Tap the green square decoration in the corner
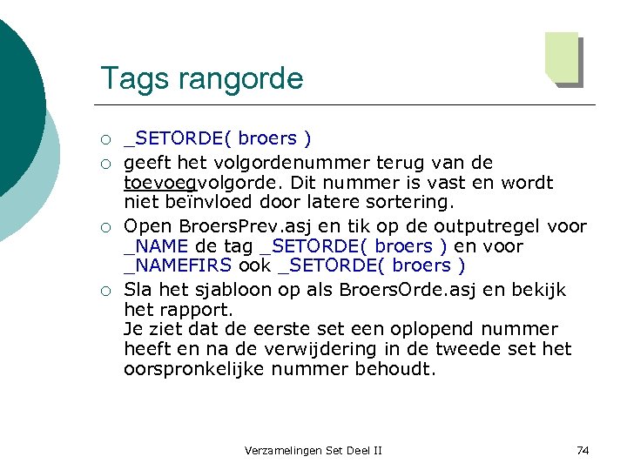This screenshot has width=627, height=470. click(x=563, y=58)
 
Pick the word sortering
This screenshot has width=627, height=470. click(x=410, y=203)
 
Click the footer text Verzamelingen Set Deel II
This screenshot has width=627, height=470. click(x=313, y=450)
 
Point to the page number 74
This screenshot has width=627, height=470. click(x=583, y=450)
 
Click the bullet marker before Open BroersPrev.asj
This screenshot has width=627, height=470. click(x=104, y=227)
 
